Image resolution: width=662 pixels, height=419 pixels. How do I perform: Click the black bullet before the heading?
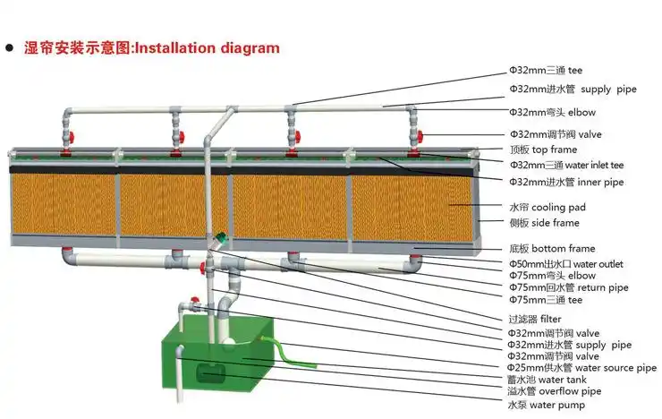[x=9, y=48]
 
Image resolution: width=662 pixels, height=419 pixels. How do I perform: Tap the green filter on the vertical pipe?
[x=219, y=240]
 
